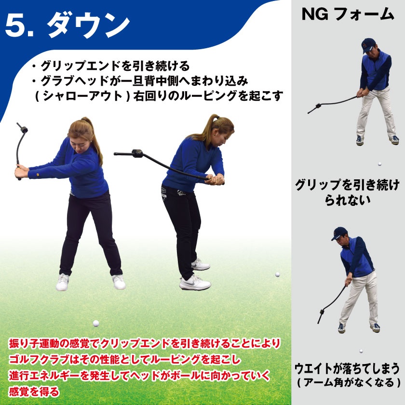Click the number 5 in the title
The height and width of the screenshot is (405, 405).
click(18, 25)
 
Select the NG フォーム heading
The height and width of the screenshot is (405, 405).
click(348, 14)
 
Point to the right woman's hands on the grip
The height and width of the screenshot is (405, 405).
click(215, 180)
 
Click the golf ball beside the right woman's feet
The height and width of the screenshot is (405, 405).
click(278, 274)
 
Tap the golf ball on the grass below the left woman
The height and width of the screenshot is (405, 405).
click(96, 323)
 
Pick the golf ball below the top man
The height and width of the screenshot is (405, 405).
click(380, 164)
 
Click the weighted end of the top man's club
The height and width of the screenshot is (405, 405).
click(316, 106)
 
